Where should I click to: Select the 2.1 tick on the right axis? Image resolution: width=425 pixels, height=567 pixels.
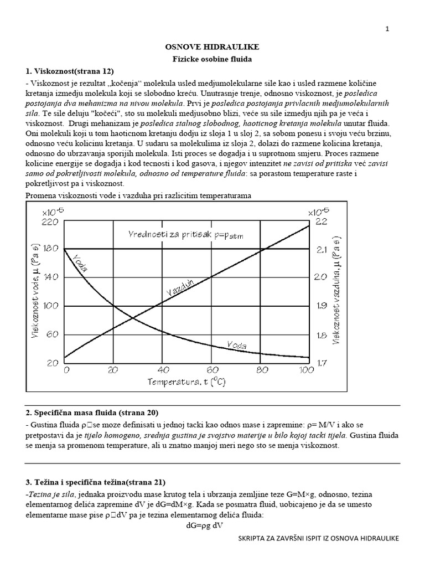point(323,249)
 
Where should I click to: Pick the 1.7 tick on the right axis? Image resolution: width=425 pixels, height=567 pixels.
point(323,363)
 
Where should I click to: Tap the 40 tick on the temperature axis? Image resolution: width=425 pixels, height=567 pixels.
point(162,370)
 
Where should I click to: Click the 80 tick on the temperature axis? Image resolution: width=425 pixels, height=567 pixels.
point(258,370)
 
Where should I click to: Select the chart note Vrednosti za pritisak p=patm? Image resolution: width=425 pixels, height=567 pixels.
point(185,234)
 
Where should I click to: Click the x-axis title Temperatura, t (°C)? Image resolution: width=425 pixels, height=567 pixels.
point(186,382)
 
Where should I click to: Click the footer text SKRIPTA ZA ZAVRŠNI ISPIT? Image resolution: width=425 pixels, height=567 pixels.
point(318,538)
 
